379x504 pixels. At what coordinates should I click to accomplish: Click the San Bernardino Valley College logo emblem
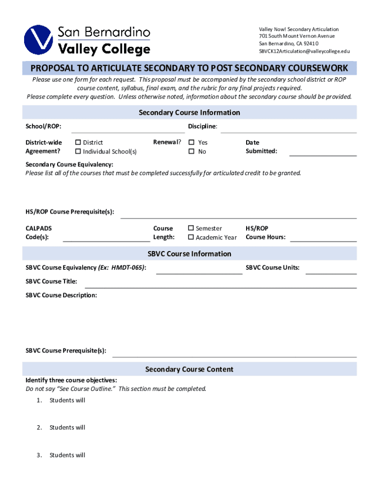tap(39, 39)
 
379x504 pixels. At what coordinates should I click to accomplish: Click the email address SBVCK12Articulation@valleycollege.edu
tap(304, 51)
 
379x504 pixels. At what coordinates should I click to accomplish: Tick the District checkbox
tap(77, 143)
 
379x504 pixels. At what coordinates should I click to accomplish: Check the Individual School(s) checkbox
tap(77, 152)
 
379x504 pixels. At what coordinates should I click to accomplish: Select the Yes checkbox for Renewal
tap(192, 143)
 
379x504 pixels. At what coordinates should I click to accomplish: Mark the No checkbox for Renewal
tap(192, 152)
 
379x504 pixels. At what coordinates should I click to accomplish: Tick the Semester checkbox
tap(191, 228)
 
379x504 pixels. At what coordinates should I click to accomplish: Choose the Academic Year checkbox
tap(191, 237)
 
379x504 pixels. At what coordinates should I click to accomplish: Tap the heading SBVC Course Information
tap(189, 254)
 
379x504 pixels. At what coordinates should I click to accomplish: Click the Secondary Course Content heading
tap(189, 369)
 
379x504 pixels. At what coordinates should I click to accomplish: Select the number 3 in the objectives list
tap(38, 455)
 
